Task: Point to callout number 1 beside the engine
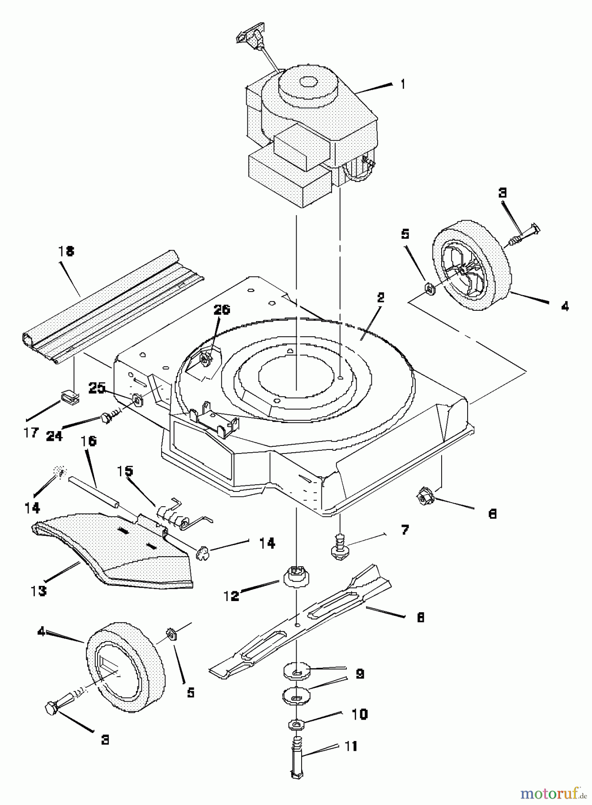pos(403,84)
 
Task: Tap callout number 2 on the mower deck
pos(380,298)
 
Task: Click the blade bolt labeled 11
pos(296,760)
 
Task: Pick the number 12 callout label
pos(231,596)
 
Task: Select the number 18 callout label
pos(66,251)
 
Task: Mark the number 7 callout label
pos(405,530)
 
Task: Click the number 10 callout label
pos(360,714)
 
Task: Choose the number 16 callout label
pos(89,441)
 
